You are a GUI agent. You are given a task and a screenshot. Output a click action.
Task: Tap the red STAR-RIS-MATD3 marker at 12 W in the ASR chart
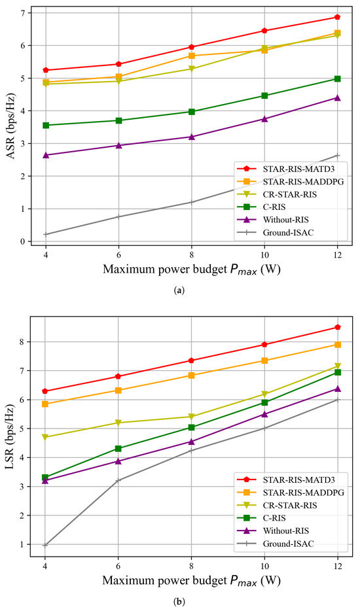pos(337,17)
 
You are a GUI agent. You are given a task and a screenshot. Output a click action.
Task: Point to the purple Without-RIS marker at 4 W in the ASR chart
pos(45,155)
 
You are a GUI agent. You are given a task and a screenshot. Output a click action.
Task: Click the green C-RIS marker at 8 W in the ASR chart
pos(191,112)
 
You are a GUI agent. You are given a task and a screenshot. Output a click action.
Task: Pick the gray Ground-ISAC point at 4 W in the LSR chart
pos(45,545)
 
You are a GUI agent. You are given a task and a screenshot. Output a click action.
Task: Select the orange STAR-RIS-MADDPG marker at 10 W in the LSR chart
pos(264,360)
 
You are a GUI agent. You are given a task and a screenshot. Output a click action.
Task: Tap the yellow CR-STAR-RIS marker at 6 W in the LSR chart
pos(118,423)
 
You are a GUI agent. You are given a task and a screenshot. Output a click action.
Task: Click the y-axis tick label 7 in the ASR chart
pos(23,13)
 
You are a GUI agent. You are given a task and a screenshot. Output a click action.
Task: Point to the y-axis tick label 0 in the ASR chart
pos(23,242)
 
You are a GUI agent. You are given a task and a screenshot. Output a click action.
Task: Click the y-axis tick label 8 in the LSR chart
pos(23,341)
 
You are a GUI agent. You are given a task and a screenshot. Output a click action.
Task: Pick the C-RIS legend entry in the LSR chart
pos(276,517)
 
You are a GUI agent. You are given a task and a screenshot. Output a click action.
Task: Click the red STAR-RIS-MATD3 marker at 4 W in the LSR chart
pos(45,391)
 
